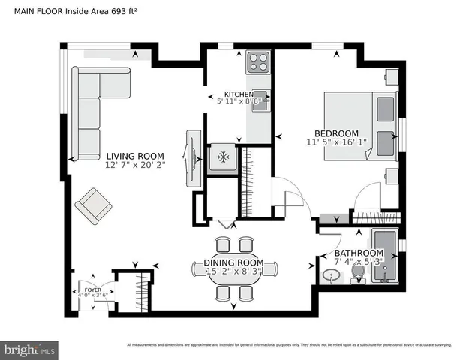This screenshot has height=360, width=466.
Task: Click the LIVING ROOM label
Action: click(135, 156)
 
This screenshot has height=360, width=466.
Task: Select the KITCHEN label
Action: click(239, 94)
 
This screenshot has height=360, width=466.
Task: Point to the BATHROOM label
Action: click(359, 253)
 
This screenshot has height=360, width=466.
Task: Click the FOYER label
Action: click(92, 288)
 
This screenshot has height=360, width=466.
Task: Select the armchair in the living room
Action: click(95, 205)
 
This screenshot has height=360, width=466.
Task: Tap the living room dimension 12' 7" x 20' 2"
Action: click(135, 166)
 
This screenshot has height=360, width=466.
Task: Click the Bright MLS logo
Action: click(30, 349)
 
